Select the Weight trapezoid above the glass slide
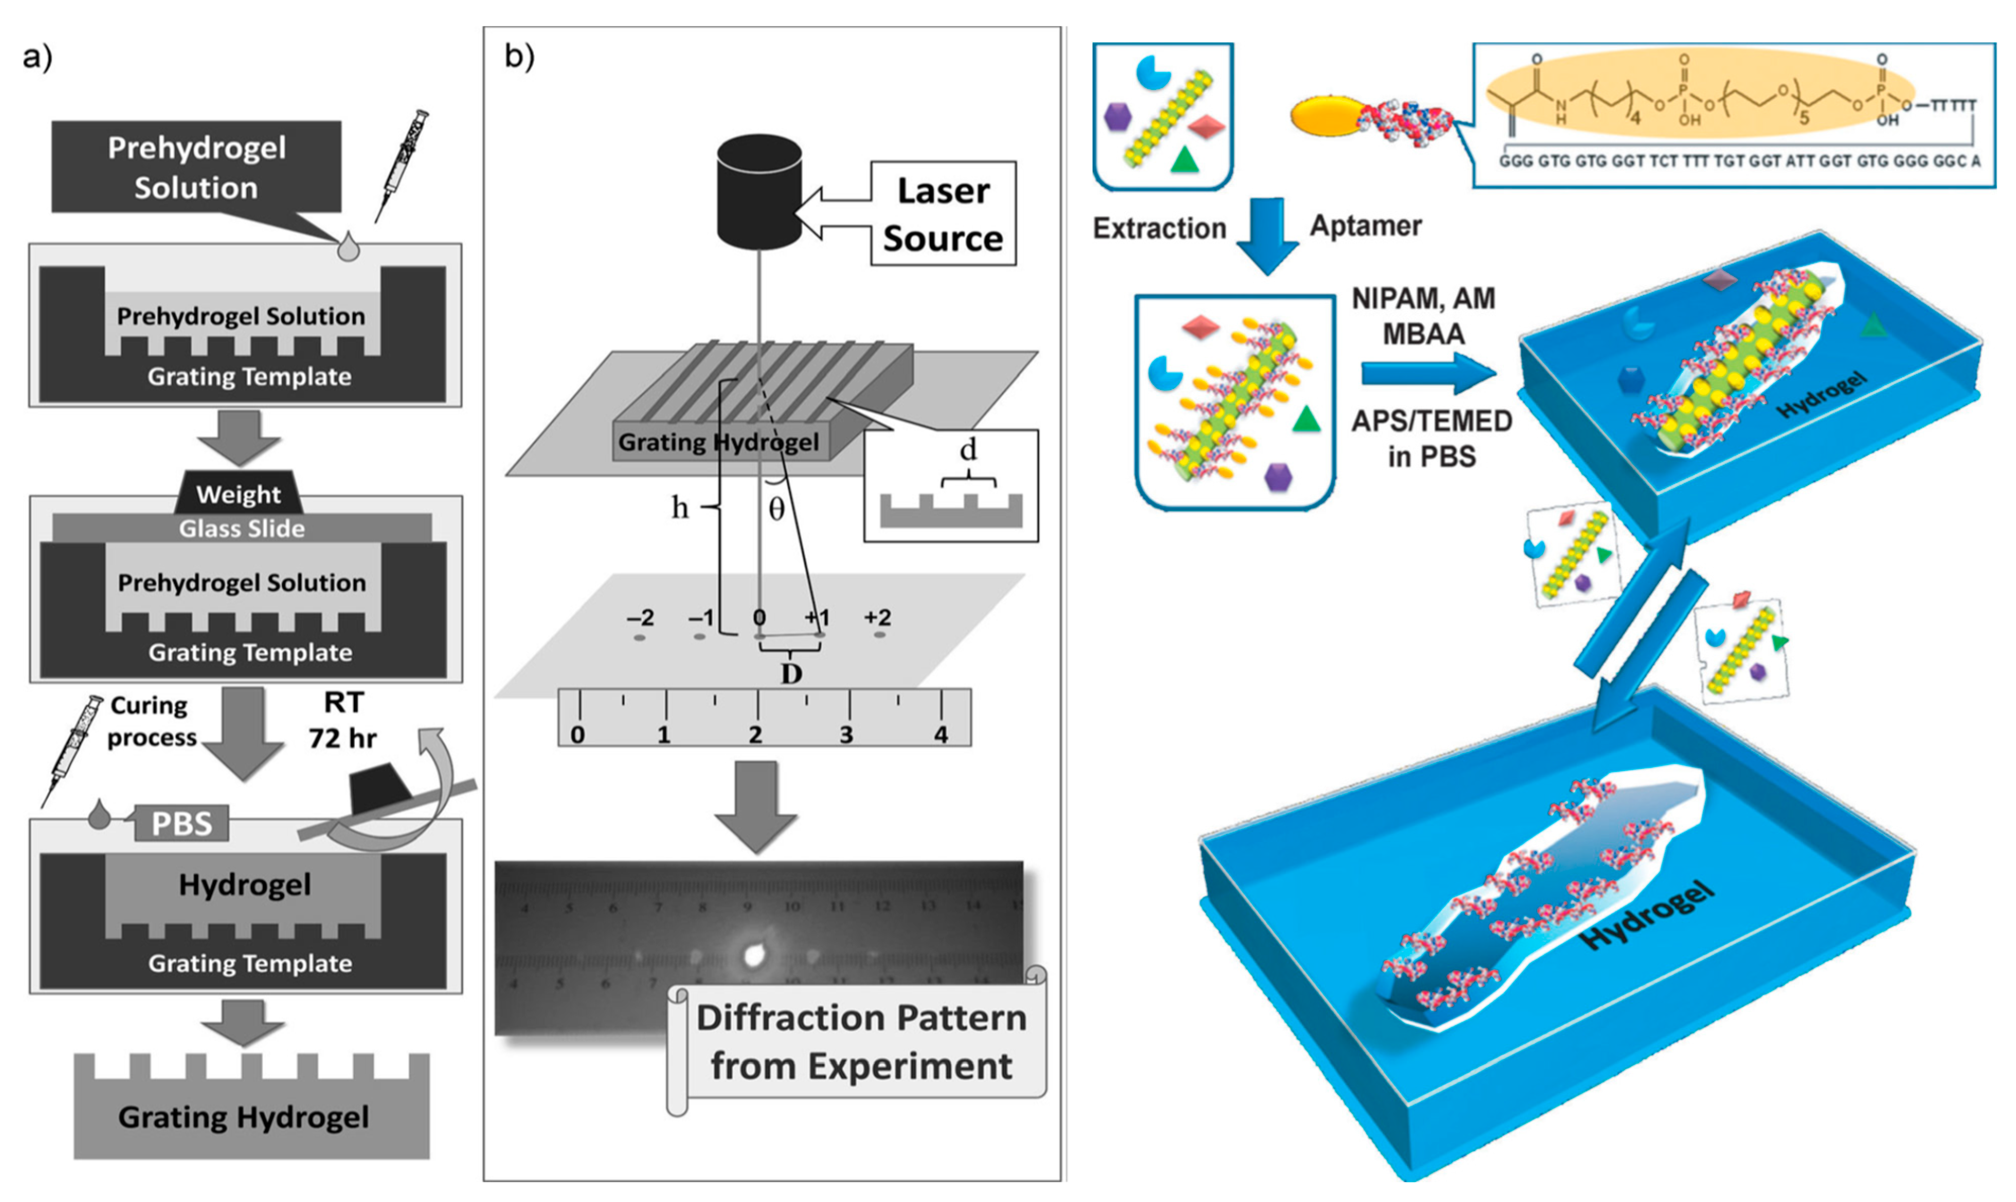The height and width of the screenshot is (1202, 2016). (239, 493)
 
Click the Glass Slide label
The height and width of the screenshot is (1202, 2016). (242, 529)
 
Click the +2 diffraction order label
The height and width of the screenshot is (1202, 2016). (877, 618)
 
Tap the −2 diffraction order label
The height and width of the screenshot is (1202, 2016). (640, 618)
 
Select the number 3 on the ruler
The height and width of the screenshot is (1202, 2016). (846, 735)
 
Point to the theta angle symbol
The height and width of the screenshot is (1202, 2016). (776, 509)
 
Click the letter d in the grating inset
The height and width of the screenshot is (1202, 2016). (968, 450)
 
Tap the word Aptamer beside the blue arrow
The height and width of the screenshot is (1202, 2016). (1366, 226)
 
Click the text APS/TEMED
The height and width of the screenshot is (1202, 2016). (1431, 421)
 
